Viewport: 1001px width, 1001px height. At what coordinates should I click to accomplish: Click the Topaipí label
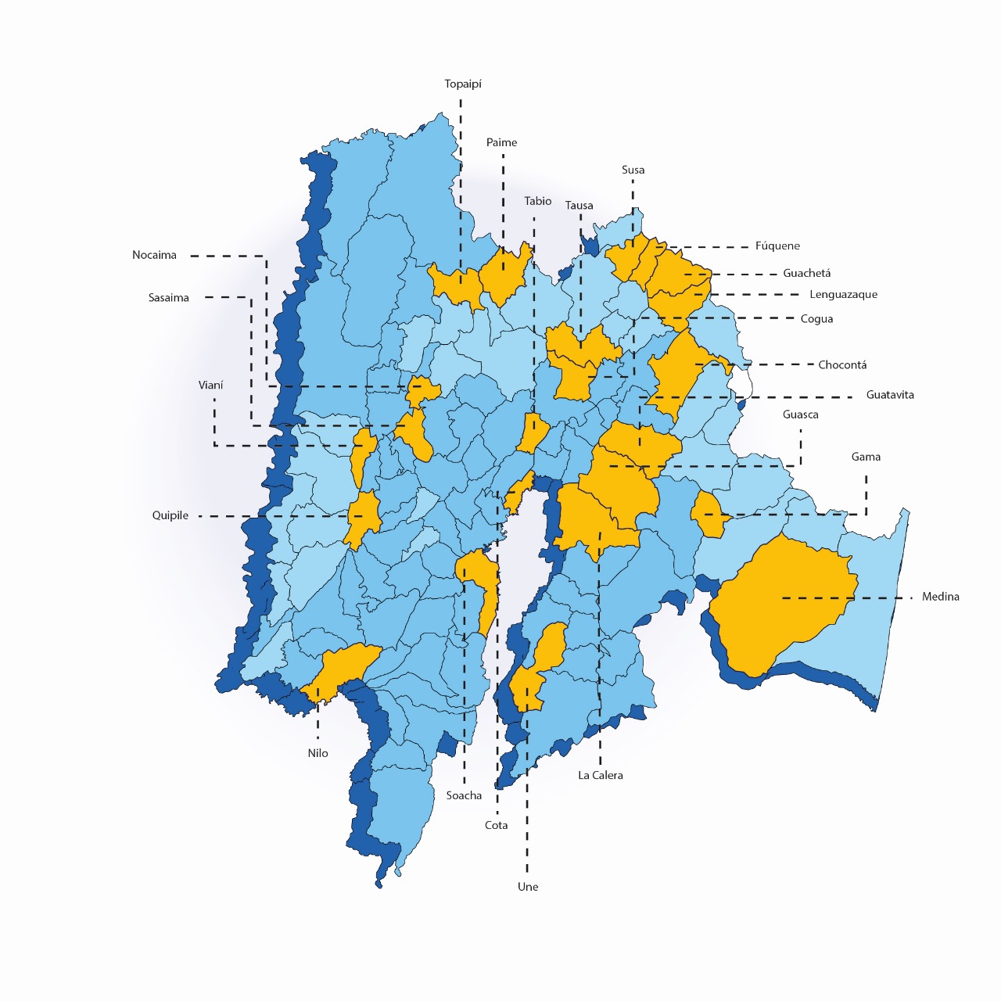pyautogui.click(x=463, y=84)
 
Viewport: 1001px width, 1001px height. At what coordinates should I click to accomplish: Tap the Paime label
pyautogui.click(x=501, y=143)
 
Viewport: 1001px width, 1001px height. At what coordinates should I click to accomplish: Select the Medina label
pyautogui.click(x=940, y=597)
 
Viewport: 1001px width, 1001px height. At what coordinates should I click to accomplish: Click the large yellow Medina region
pyautogui.click(x=782, y=602)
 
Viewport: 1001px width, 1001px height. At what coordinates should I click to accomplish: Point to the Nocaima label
pyautogui.click(x=154, y=256)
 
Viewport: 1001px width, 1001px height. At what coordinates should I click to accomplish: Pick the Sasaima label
pyautogui.click(x=169, y=298)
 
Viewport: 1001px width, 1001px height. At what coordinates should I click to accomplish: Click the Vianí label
pyautogui.click(x=210, y=386)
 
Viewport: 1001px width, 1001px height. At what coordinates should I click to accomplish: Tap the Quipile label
pyautogui.click(x=170, y=516)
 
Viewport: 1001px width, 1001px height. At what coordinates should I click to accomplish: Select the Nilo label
pyautogui.click(x=318, y=754)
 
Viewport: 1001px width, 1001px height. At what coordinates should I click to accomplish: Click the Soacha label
pyautogui.click(x=464, y=796)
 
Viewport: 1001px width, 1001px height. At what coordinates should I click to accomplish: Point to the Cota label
pyautogui.click(x=497, y=826)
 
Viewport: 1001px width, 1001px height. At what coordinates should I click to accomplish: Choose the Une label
pyautogui.click(x=528, y=888)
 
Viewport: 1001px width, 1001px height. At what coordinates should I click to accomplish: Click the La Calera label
pyautogui.click(x=601, y=776)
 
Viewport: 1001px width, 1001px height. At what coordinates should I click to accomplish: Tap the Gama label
pyautogui.click(x=866, y=457)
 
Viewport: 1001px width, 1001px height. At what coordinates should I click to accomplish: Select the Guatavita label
pyautogui.click(x=890, y=396)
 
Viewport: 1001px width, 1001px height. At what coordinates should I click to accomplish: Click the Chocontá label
pyautogui.click(x=842, y=365)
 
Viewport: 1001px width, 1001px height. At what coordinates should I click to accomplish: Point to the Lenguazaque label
pyautogui.click(x=843, y=295)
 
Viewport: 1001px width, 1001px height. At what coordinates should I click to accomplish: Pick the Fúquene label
pyautogui.click(x=777, y=246)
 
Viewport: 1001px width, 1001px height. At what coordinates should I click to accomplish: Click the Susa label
pyautogui.click(x=633, y=170)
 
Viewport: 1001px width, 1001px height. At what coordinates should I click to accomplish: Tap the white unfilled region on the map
pyautogui.click(x=740, y=383)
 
